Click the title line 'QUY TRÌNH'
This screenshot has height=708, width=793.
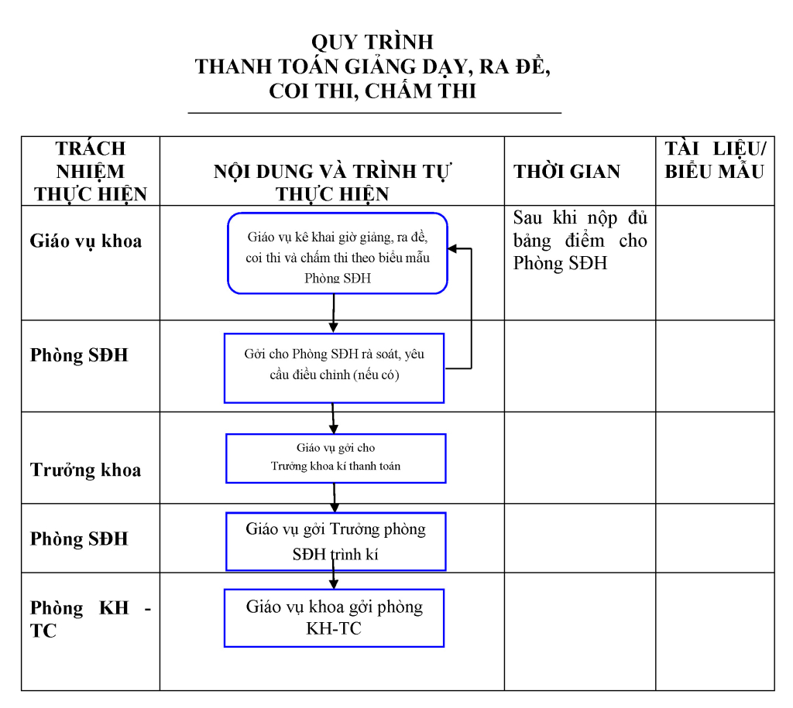(x=372, y=43)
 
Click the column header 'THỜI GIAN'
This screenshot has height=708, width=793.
(x=567, y=172)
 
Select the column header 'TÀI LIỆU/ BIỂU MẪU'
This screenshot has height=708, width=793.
(x=715, y=160)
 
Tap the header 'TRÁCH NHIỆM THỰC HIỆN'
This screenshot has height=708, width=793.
(x=91, y=171)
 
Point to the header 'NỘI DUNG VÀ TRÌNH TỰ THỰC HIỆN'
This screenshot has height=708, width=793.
(x=332, y=183)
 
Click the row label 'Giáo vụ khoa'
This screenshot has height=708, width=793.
(x=85, y=241)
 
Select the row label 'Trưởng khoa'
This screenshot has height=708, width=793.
(x=85, y=470)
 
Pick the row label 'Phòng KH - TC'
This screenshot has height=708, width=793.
(x=91, y=619)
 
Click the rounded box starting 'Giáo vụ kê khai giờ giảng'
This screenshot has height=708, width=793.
(x=338, y=253)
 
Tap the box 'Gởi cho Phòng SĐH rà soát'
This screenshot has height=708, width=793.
(x=335, y=368)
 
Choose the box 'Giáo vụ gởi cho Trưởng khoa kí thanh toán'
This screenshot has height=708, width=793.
(x=336, y=458)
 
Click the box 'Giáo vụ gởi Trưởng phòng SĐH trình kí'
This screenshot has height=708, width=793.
(x=336, y=541)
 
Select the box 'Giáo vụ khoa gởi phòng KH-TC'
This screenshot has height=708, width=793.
(x=335, y=618)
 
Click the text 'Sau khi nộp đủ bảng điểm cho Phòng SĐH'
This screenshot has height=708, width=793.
(x=580, y=241)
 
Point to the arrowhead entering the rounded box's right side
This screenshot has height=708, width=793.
(x=452, y=248)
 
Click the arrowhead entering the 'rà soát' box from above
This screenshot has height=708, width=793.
(x=333, y=328)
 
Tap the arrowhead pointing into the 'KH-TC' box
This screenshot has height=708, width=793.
(x=333, y=583)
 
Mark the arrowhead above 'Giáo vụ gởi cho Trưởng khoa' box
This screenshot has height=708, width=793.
(x=334, y=429)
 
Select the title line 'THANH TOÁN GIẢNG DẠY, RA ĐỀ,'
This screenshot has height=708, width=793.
(x=372, y=67)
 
